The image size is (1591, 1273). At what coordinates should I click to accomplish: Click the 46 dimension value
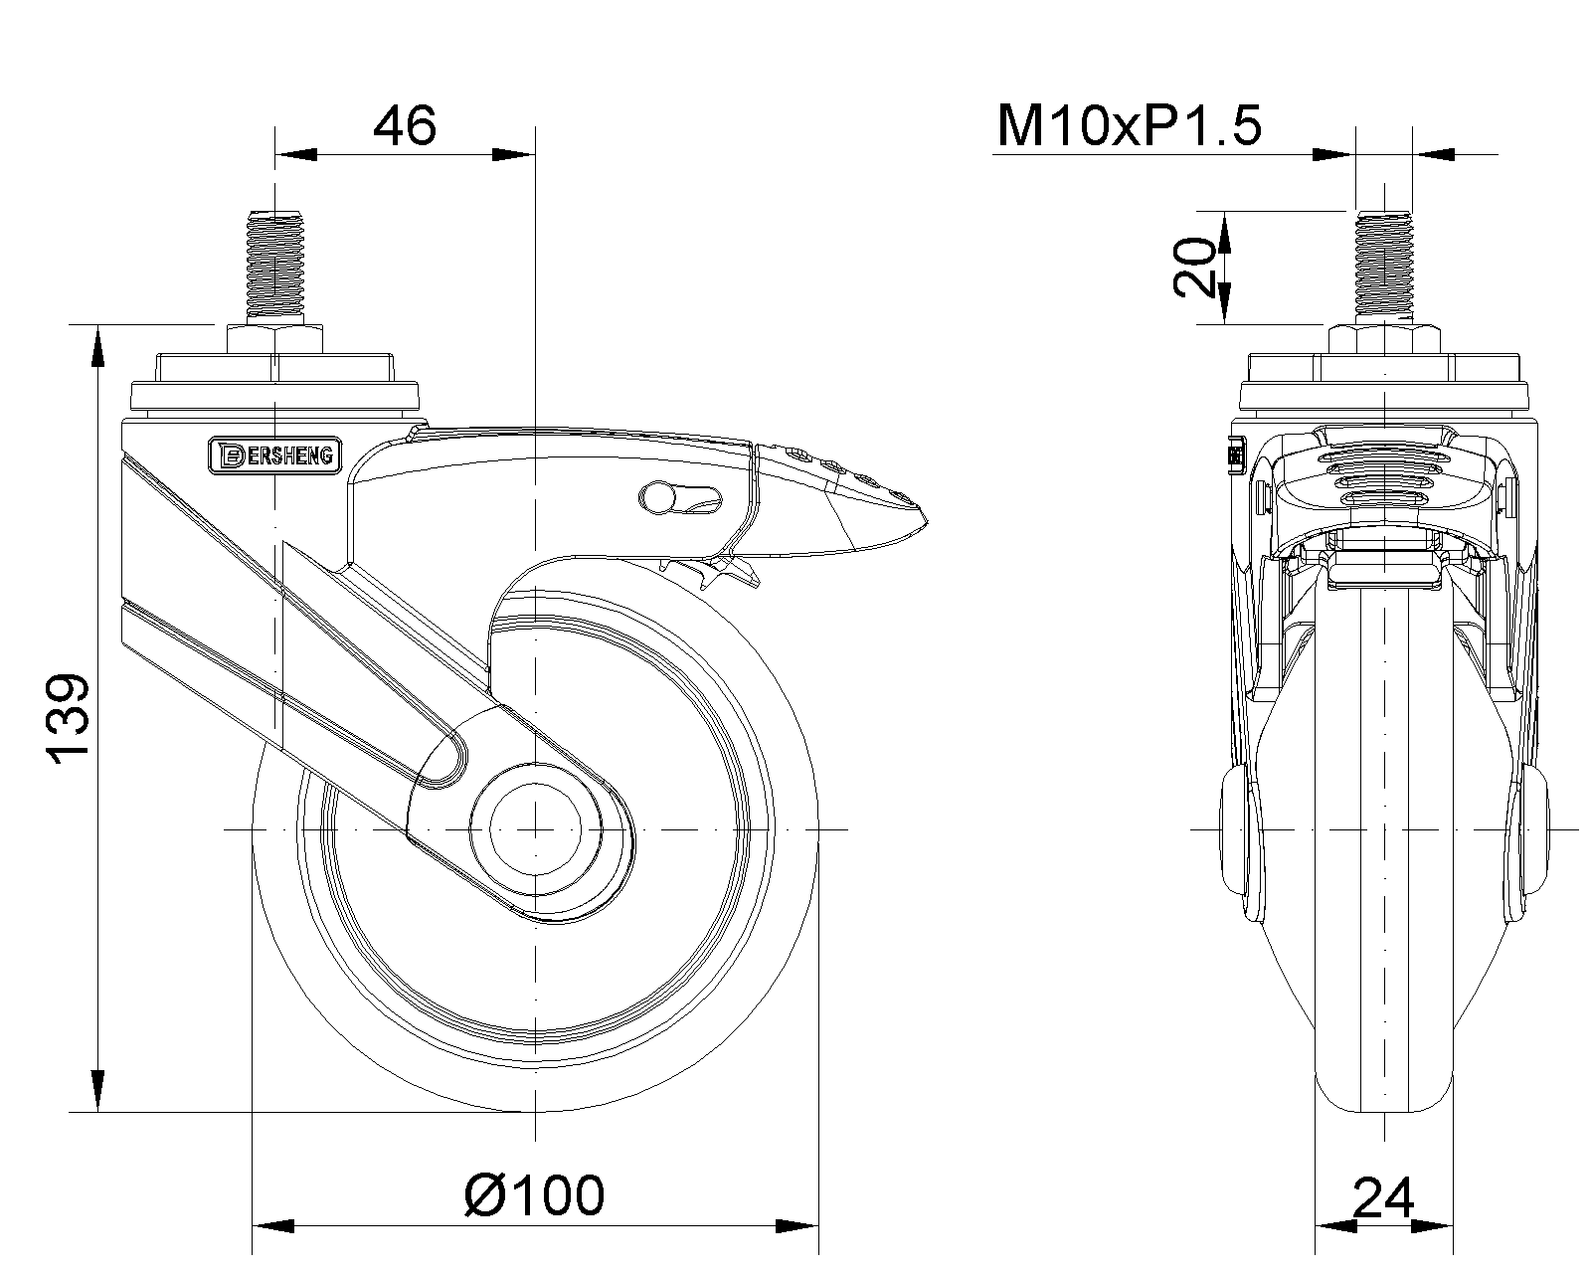(x=405, y=126)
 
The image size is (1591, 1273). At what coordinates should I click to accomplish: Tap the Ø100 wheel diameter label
(x=534, y=1194)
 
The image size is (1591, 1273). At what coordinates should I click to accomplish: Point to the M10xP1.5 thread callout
(x=1129, y=127)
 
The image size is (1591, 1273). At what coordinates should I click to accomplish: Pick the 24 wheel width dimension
(x=1383, y=1197)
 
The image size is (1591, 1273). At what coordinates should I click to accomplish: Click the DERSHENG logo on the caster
(x=275, y=455)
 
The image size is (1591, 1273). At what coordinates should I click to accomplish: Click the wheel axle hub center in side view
(x=535, y=828)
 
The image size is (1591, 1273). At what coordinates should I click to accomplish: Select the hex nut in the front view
(x=1383, y=337)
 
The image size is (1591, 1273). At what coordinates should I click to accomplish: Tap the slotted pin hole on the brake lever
(x=681, y=495)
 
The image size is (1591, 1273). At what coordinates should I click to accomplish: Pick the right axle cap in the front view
(x=1532, y=828)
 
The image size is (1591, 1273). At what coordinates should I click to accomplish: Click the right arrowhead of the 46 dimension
(x=517, y=154)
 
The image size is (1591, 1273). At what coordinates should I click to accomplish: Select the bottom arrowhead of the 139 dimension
(x=98, y=1091)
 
